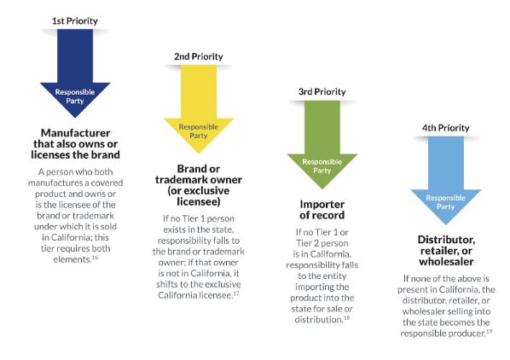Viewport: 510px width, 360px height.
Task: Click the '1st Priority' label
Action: click(x=75, y=21)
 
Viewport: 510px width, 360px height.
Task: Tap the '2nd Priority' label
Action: click(x=199, y=56)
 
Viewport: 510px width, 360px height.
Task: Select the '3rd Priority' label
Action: click(x=322, y=92)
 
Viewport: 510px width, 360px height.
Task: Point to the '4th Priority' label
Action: click(x=445, y=128)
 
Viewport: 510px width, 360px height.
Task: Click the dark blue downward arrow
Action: click(x=75, y=73)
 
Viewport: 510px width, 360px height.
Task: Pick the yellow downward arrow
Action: click(x=199, y=109)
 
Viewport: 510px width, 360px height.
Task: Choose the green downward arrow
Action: click(x=322, y=145)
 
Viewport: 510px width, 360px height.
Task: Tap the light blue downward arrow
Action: click(x=446, y=181)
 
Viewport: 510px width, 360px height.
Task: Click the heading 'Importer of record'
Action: click(x=322, y=210)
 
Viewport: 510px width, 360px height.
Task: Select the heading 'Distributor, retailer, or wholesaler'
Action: click(x=446, y=251)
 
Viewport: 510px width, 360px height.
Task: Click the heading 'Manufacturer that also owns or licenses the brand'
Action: click(x=75, y=143)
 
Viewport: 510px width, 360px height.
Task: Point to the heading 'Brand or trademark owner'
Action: click(x=199, y=174)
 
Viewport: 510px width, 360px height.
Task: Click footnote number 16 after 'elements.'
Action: click(x=95, y=258)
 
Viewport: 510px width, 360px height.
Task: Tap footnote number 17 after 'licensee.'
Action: click(x=236, y=293)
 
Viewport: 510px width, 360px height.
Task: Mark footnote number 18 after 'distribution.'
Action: click(x=346, y=317)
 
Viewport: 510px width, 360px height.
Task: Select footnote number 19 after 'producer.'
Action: click(x=489, y=331)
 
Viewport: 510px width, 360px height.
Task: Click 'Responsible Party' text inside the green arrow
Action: click(x=322, y=166)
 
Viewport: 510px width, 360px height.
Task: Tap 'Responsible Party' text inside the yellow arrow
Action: click(x=199, y=131)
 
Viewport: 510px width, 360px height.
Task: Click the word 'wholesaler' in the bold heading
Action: click(x=446, y=262)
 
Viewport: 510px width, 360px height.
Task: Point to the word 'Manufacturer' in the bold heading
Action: click(x=75, y=133)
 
